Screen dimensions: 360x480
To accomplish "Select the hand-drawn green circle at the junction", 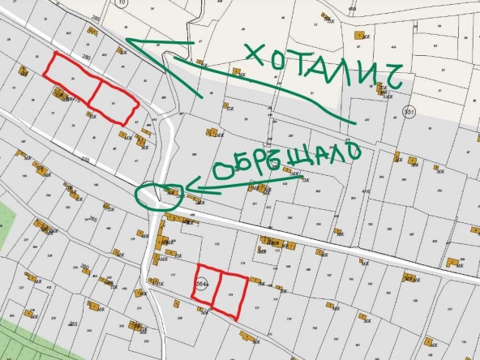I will pos(156,195).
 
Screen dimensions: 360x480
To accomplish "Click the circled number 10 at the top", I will pos(122,4).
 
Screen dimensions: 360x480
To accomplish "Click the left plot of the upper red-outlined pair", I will pos(71,77).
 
